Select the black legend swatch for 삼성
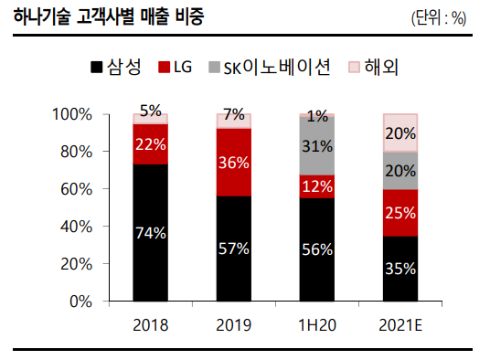pos(96,68)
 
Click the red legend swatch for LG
pos(165,68)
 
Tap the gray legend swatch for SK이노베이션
pos(215,68)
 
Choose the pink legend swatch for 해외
pos(356,68)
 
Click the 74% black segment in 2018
pos(150,232)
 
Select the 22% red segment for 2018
pos(150,143)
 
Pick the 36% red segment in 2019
pos(233,163)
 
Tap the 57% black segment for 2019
pos(233,248)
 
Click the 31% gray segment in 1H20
pos(317,146)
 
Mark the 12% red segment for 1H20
pos(317,185)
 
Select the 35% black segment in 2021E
pos(400,269)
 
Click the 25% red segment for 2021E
pos(400,213)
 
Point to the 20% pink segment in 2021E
pos(400,132)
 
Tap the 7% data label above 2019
pos(233,115)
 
